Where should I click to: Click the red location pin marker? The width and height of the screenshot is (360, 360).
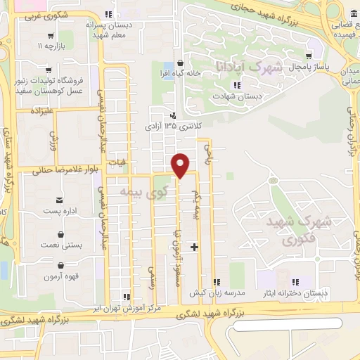click(181, 165)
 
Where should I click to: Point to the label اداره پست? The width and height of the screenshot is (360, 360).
click(59, 211)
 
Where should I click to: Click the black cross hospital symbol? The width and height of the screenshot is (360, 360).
click(194, 247)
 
